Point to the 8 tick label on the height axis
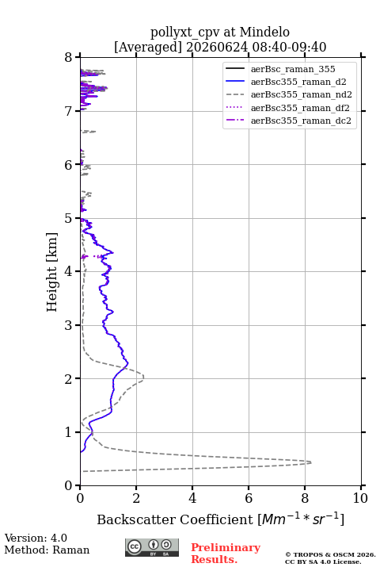click(69, 58)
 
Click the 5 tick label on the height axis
click(69, 219)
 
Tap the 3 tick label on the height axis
click(69, 325)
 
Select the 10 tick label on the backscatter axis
click(360, 498)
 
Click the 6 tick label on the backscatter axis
click(249, 498)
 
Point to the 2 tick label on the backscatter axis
click(136, 498)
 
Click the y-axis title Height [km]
click(52, 272)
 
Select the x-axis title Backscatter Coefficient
click(174, 519)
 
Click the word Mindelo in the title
click(264, 32)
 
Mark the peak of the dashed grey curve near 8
click(311, 462)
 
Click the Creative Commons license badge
click(152, 548)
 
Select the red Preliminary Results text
click(226, 554)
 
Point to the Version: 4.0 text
click(36, 538)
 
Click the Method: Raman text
click(47, 550)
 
